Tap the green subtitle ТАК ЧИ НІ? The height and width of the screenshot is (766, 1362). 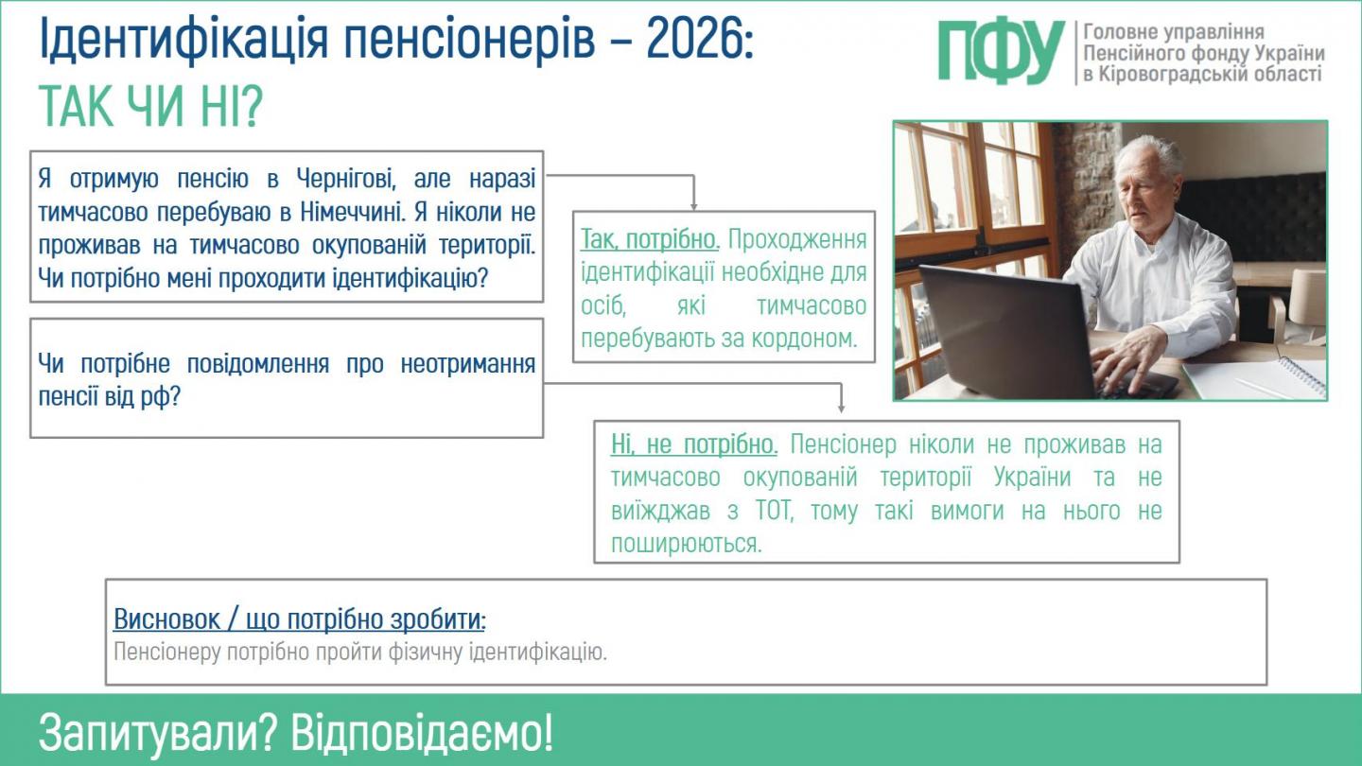pos(149,108)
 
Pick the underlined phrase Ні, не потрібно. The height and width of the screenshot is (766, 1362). pos(694,444)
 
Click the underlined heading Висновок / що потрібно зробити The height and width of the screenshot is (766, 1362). pos(298,620)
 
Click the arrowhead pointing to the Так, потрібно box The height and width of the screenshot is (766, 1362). pos(693,205)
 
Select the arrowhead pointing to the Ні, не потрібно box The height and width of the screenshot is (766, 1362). pos(841,409)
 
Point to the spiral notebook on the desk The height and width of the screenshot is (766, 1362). pos(1258,377)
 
